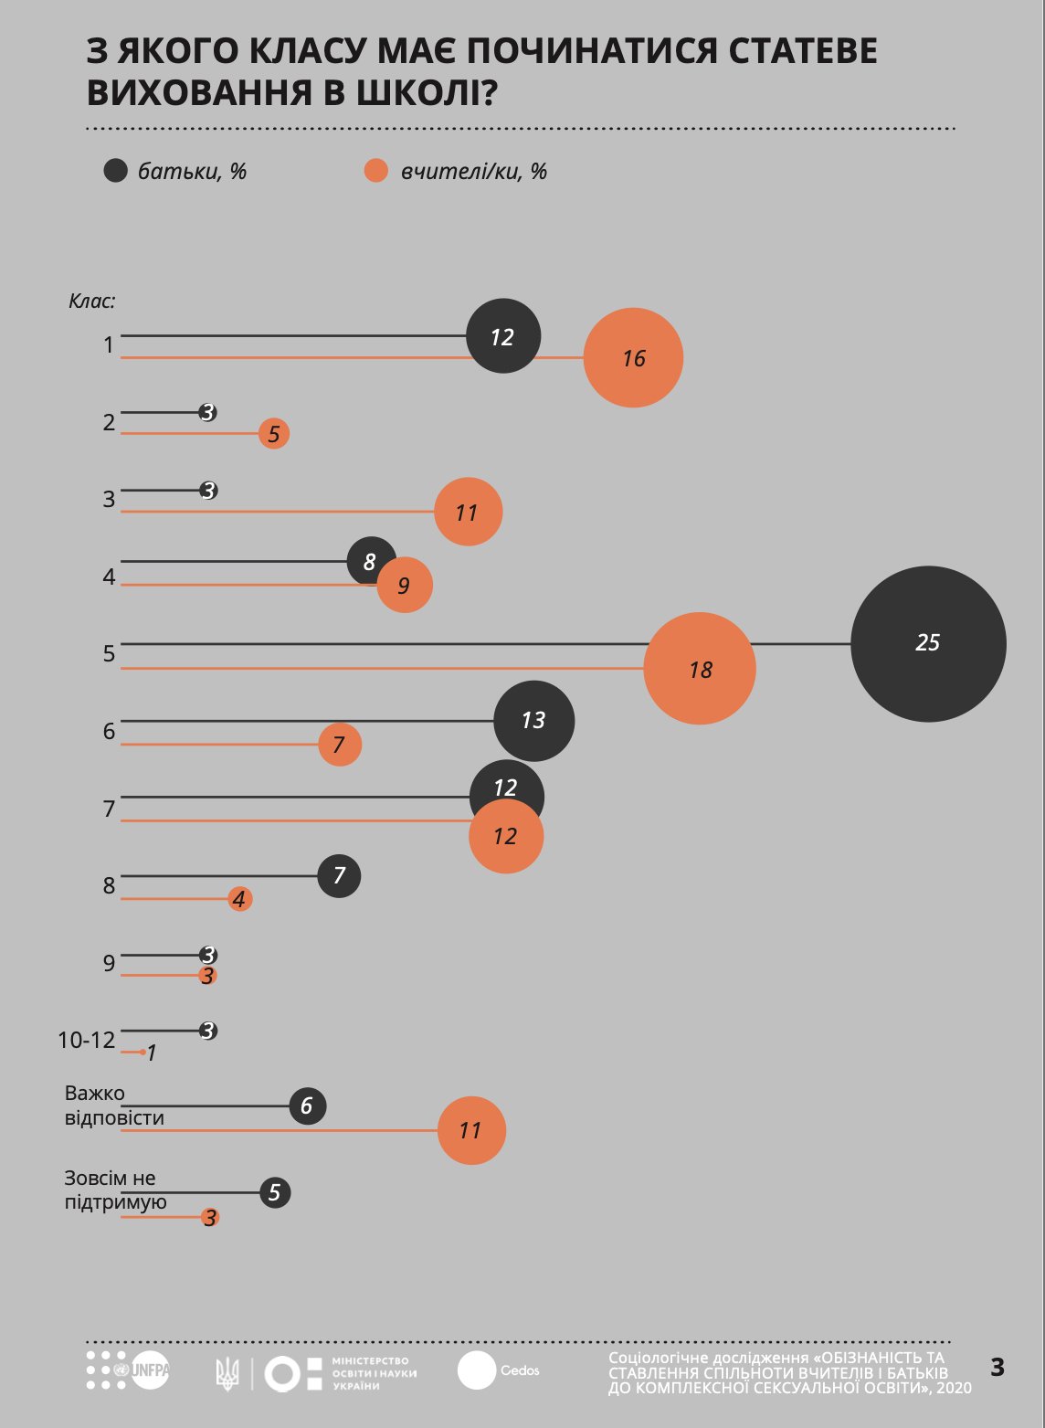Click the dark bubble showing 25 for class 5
tap(928, 644)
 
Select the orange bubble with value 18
tap(700, 669)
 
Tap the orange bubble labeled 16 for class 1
tap(633, 358)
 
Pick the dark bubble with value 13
tap(533, 721)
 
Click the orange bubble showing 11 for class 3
tap(468, 512)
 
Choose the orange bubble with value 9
tap(404, 585)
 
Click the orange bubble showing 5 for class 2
tap(273, 434)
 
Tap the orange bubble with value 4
tap(239, 899)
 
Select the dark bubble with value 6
tap(307, 1106)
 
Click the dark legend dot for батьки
tap(115, 171)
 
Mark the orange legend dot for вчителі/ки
tap(376, 171)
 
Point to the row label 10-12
tap(87, 1040)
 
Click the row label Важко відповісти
tap(113, 1105)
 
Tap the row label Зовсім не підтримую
tap(115, 1190)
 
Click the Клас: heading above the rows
tap(92, 301)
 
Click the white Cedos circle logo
tap(477, 1370)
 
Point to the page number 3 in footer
tap(997, 1368)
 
